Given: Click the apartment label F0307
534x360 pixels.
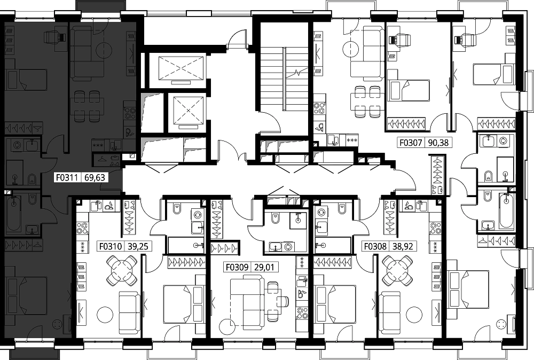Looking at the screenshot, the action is tap(411, 142).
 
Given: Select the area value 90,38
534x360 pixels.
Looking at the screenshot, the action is tap(438, 142).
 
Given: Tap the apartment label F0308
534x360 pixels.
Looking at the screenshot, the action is tap(375, 246).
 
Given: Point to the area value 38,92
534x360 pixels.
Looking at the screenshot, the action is tap(402, 246).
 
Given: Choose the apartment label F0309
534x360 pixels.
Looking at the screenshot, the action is tap(237, 267).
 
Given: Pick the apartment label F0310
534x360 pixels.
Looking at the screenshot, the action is tap(111, 246).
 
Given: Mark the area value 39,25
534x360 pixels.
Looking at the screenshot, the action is tap(138, 246).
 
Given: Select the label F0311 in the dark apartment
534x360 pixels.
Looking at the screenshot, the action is tap(67, 177).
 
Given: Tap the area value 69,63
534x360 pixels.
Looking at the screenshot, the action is tap(95, 177).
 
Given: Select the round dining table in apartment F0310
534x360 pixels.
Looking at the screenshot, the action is tap(122, 271).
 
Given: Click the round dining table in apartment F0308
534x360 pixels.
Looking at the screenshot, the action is tap(397, 271).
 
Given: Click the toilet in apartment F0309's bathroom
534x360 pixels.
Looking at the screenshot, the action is tap(275, 218).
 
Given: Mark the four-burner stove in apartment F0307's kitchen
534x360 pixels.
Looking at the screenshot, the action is tap(319, 108).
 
